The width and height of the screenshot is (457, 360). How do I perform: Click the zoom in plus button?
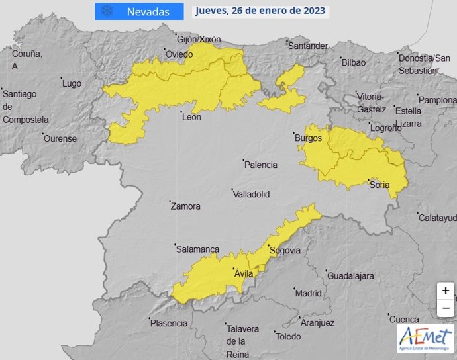[446, 291]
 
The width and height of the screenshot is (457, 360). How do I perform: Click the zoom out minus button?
[446, 308]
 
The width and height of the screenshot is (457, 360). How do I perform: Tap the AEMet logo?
[426, 337]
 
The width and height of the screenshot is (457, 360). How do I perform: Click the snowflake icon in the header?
[106, 11]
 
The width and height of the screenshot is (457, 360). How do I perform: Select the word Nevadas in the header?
[148, 11]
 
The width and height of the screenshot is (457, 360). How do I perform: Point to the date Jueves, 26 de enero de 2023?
[261, 11]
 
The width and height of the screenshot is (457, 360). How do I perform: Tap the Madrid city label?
[308, 293]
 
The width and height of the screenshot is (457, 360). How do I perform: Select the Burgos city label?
[308, 138]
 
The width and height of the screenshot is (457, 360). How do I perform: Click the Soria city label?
[380, 185]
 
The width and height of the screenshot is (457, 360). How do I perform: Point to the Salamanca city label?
[197, 249]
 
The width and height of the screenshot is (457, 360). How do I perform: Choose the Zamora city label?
[185, 206]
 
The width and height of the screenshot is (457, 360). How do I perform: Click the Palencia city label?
[261, 165]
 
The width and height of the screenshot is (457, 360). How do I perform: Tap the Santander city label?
[308, 46]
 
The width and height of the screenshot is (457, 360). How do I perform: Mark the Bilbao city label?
[353, 62]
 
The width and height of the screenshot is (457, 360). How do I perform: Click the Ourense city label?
[60, 139]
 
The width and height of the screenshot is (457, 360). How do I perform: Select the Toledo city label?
[287, 336]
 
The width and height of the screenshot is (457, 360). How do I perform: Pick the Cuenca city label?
[404, 318]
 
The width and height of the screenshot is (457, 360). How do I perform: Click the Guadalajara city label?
[351, 275]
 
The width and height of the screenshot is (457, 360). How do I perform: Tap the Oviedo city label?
[179, 54]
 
